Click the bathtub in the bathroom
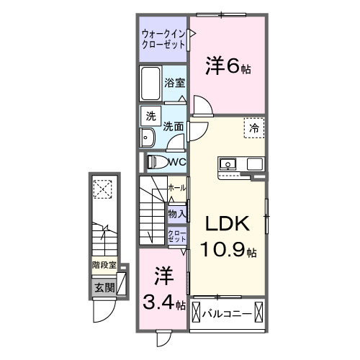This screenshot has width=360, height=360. click(151, 85)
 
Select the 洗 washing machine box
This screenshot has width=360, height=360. click(150, 116)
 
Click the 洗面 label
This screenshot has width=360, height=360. click(173, 126)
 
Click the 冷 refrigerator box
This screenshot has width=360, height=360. click(254, 127)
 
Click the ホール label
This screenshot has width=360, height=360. click(176, 188)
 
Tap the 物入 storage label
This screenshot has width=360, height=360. click(177, 213)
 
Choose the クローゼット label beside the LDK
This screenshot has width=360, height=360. click(177, 236)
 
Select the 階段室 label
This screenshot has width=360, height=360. click(104, 265)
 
